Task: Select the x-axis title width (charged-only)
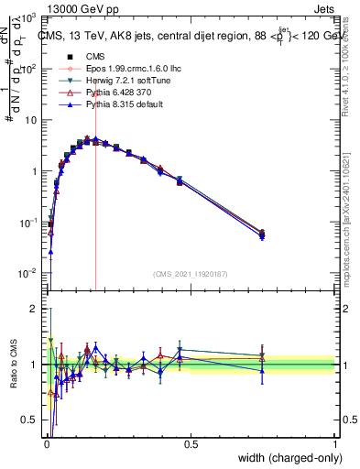280,458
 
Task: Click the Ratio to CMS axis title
13,365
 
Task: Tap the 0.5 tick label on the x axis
191,444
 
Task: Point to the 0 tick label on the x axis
47,444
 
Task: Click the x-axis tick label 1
334,444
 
